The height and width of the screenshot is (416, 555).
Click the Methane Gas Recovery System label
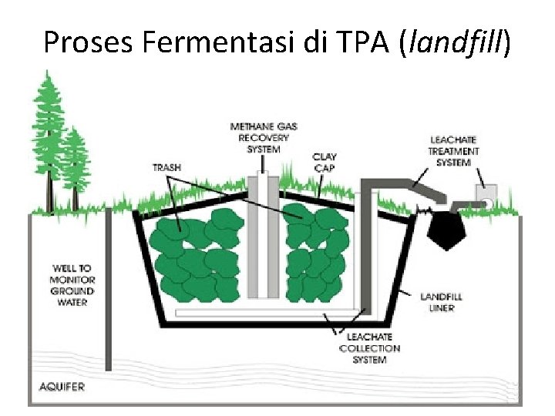pyautogui.click(x=263, y=137)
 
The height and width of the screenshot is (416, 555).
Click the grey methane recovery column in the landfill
pyautogui.click(x=262, y=239)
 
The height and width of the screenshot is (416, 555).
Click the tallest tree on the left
pyautogui.click(x=48, y=139)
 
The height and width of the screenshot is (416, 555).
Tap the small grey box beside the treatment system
pyautogui.click(x=485, y=197)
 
